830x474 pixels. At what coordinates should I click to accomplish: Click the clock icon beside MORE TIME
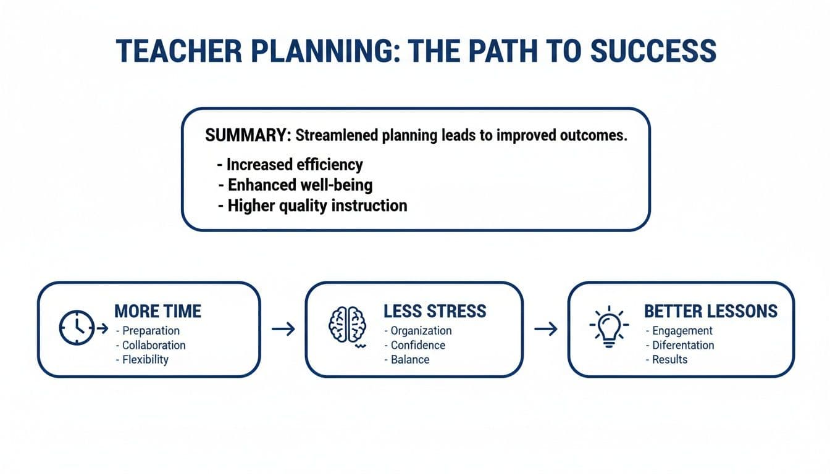(x=77, y=328)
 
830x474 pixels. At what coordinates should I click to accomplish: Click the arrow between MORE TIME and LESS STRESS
(x=283, y=329)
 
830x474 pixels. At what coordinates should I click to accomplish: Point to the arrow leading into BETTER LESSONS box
(x=546, y=329)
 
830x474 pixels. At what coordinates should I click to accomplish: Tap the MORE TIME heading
(x=157, y=311)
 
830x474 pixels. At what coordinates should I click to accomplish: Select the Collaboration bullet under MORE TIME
(x=153, y=345)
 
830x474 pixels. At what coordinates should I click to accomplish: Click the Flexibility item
(x=145, y=359)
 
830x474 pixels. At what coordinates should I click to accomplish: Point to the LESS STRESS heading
(x=435, y=311)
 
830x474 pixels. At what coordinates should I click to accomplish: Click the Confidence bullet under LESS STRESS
(x=417, y=345)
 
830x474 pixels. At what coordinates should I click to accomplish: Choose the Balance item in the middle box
(x=410, y=359)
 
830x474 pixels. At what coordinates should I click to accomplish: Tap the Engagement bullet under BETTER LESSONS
(x=682, y=331)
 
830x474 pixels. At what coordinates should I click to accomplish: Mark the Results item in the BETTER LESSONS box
(x=669, y=359)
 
